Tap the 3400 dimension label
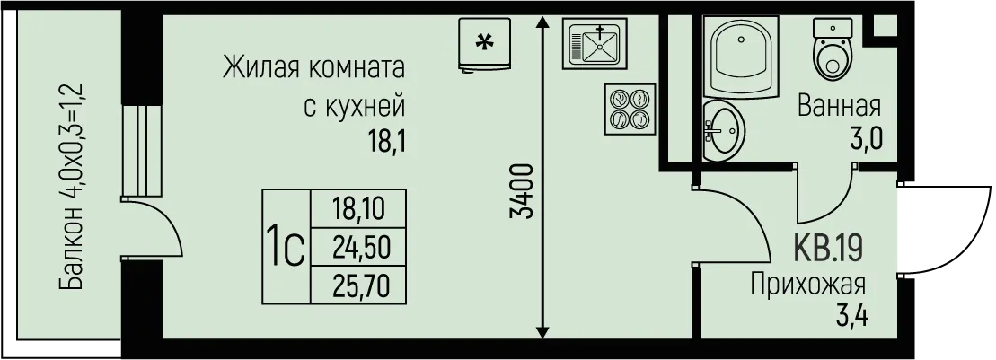point(524,190)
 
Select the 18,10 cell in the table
point(357,210)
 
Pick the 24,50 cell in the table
point(357,246)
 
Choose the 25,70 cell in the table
point(357,285)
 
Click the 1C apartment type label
point(285,245)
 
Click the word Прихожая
point(808,285)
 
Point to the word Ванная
point(840,107)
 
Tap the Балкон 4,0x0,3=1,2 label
point(74,186)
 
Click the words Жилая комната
point(313,68)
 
